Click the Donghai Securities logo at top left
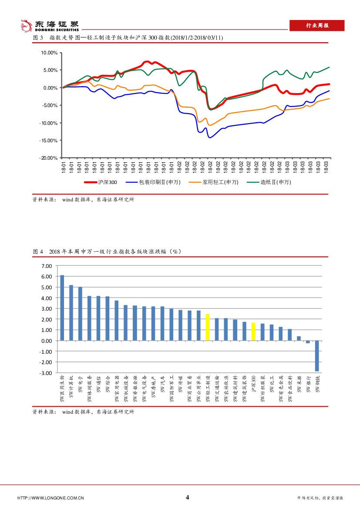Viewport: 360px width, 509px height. pyautogui.click(x=50, y=26)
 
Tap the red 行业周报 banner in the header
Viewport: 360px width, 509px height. pyautogui.click(x=317, y=26)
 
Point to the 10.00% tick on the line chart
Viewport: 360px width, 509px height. pyautogui.click(x=49, y=53)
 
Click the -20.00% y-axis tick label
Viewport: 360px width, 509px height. pyautogui.click(x=48, y=158)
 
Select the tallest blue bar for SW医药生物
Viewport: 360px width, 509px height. pyautogui.click(x=62, y=308)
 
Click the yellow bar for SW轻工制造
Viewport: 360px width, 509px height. pyautogui.click(x=208, y=327)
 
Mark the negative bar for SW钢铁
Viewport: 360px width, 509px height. pyautogui.click(x=317, y=355)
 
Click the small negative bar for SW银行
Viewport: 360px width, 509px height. pyautogui.click(x=308, y=342)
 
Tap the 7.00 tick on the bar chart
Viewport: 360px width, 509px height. pyautogui.click(x=47, y=266)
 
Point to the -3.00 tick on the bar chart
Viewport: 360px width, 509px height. pyautogui.click(x=46, y=373)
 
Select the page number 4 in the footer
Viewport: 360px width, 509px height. pyautogui.click(x=188, y=497)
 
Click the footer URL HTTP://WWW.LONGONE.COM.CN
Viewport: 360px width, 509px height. pyautogui.click(x=50, y=498)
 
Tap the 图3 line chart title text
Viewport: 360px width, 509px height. pyautogui.click(x=128, y=38)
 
